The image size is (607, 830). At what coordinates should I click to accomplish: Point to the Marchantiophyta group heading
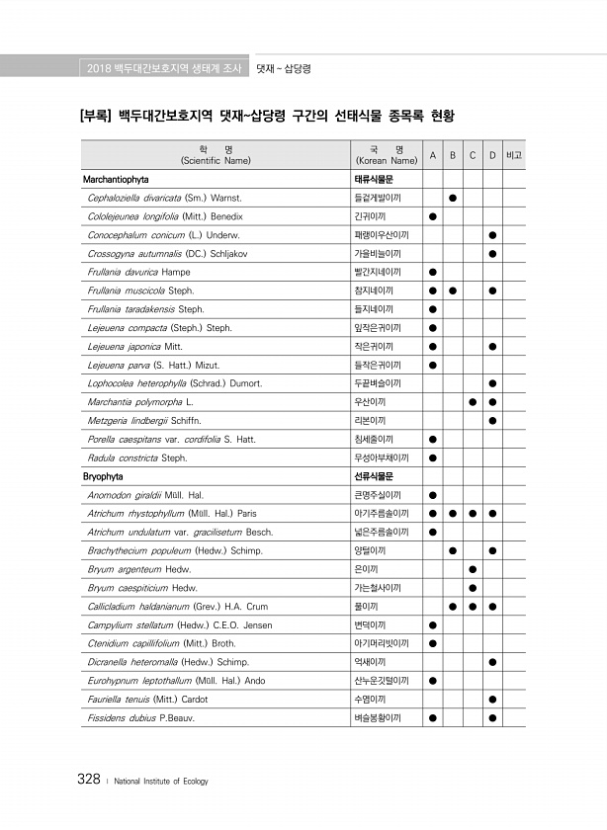(x=115, y=180)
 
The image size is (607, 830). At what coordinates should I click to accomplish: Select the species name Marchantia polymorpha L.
(x=139, y=401)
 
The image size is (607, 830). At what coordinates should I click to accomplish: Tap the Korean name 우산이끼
(x=370, y=401)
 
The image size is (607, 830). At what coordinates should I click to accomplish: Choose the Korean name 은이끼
(x=366, y=569)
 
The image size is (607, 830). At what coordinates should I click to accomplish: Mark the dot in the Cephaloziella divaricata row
(x=452, y=198)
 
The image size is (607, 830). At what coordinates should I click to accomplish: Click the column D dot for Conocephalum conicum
(x=492, y=235)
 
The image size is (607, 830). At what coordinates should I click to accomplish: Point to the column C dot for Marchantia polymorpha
(x=473, y=401)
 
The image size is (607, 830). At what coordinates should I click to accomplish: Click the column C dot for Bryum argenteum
(x=473, y=569)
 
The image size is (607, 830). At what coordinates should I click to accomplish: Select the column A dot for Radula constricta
(x=432, y=457)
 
